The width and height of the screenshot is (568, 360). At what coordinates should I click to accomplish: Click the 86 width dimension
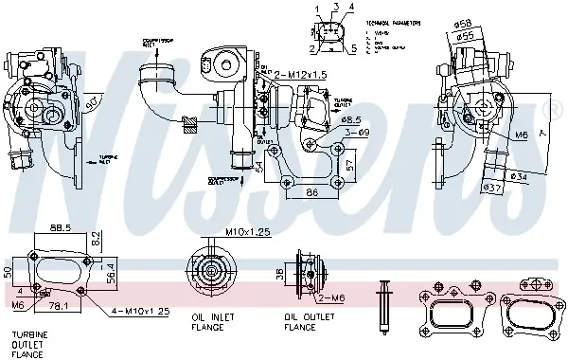[x=311, y=193]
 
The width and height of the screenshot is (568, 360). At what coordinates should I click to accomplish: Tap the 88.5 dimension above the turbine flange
[x=61, y=228]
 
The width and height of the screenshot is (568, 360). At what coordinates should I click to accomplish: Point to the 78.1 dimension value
[x=59, y=305]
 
